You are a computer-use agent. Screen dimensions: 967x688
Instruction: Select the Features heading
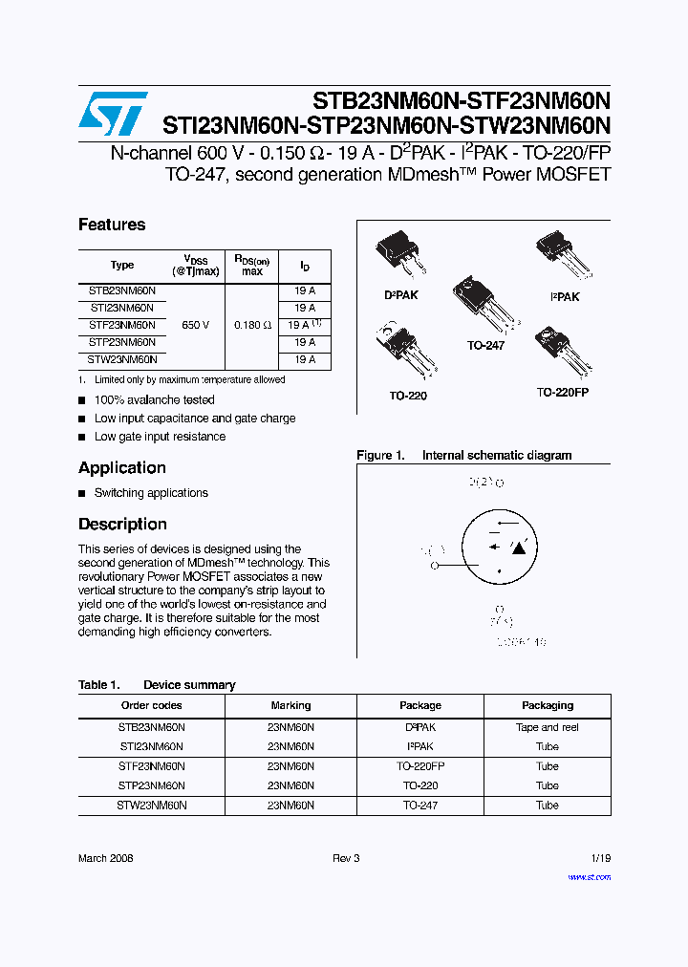point(112,225)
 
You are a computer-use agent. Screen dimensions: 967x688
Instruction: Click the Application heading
point(122,467)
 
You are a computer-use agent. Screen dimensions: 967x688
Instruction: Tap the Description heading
point(122,524)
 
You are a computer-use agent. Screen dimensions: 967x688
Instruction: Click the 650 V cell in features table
point(195,325)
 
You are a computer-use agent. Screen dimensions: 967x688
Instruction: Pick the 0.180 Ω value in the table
point(252,325)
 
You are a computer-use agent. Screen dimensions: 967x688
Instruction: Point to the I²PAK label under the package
point(565,297)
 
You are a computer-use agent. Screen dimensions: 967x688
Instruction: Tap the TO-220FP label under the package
point(563,393)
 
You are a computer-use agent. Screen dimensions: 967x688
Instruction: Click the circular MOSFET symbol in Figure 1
point(509,548)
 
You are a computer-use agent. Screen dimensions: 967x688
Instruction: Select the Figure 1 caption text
point(463,456)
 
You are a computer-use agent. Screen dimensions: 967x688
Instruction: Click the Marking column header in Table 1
point(290,705)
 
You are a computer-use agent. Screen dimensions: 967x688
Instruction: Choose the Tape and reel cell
point(548,727)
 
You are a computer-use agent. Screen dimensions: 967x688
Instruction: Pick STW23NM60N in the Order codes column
point(152,806)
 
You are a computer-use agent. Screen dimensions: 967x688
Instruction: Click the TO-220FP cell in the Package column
point(420,766)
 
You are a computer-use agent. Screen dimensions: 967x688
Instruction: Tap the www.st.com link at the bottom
point(590,876)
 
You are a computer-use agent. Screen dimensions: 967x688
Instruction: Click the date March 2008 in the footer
point(106,858)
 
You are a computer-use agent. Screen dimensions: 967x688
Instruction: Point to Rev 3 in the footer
point(346,858)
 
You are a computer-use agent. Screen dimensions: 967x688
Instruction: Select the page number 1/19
point(600,858)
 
